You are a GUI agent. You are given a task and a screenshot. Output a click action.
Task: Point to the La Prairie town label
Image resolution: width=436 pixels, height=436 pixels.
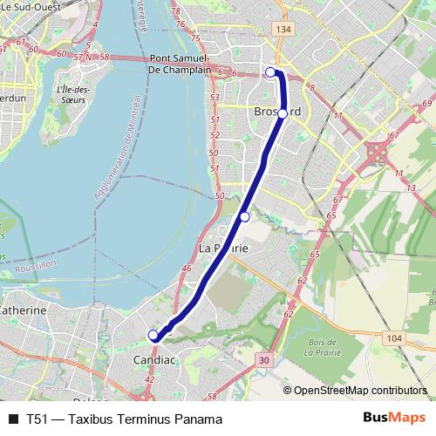(x=224, y=249)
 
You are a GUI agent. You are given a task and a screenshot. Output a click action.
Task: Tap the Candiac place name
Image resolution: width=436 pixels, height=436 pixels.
(x=154, y=358)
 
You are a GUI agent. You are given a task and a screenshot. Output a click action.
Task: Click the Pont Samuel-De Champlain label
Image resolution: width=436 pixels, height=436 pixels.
(x=178, y=64)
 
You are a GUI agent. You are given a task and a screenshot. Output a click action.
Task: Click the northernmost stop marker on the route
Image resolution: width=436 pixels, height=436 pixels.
(x=270, y=72)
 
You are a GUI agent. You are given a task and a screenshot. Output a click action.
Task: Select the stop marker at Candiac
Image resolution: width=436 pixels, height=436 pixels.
(x=153, y=335)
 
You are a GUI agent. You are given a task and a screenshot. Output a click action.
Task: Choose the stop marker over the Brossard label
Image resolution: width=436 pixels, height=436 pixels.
(x=282, y=113)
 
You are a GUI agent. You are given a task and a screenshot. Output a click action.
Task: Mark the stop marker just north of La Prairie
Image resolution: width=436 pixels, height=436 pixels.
(x=245, y=216)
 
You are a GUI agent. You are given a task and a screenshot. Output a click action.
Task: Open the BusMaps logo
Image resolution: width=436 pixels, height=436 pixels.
(x=393, y=419)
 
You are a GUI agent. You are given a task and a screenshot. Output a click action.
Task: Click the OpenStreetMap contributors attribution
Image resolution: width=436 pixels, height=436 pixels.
(x=359, y=392)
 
